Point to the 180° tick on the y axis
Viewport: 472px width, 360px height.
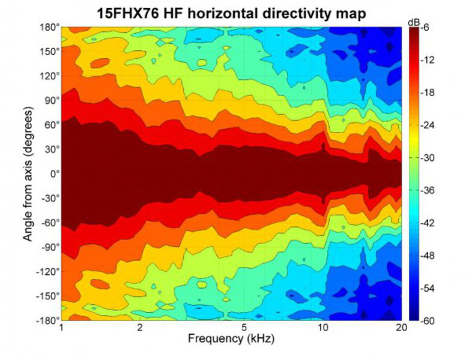49,28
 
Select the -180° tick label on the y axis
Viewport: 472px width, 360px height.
47,320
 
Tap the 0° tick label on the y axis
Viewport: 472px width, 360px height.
54,174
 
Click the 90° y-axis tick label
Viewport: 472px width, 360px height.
51,101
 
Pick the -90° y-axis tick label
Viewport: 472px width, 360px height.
49,247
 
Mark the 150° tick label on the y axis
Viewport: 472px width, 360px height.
49,52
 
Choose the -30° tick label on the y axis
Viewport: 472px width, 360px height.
49,199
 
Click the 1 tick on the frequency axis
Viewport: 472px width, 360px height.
62,328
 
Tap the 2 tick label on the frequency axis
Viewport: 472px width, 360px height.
139,328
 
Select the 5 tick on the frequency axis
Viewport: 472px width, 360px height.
244,328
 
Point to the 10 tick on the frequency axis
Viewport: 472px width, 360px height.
323,328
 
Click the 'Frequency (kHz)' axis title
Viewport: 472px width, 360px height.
231,339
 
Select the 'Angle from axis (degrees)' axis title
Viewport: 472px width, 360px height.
28,175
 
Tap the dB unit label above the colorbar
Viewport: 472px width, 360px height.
414,22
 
